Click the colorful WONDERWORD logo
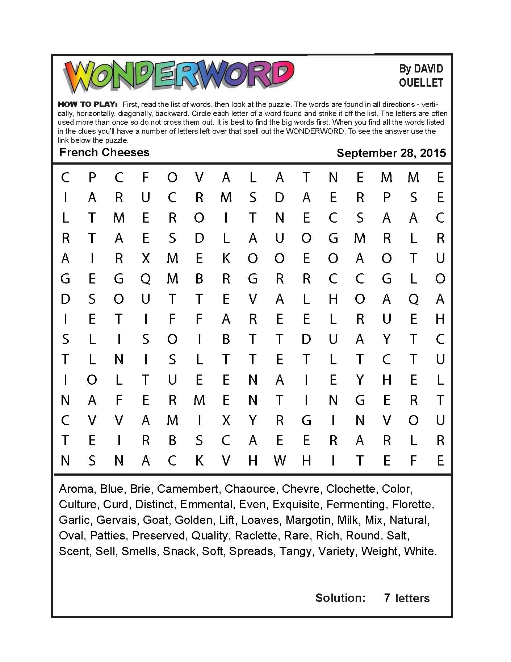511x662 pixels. click(179, 77)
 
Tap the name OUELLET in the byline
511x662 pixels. click(421, 83)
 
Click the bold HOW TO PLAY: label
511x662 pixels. click(87, 104)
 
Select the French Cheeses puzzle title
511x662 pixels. click(104, 152)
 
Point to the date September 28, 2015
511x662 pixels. click(391, 153)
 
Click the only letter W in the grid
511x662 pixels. click(280, 461)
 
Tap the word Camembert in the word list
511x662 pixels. click(188, 489)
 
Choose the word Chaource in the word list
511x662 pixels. click(250, 489)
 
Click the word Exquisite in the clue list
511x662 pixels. click(296, 504)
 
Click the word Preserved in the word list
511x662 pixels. click(158, 535)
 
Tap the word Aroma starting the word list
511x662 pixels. click(76, 489)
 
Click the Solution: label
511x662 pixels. click(340, 598)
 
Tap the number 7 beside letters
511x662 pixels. click(387, 598)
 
